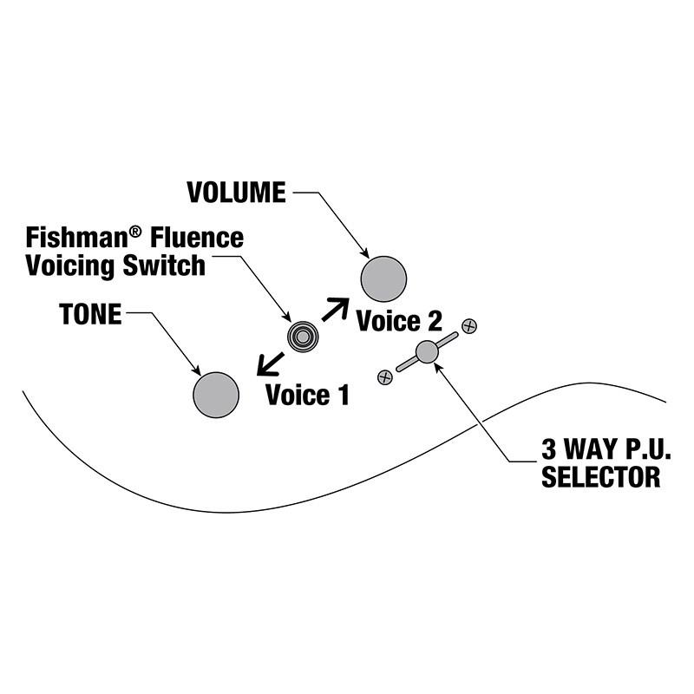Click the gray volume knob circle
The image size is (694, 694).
tap(383, 278)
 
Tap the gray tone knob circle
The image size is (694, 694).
tap(216, 395)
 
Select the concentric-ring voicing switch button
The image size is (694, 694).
tap(303, 337)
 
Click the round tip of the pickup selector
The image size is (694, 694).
tap(427, 352)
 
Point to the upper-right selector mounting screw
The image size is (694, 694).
tap(469, 326)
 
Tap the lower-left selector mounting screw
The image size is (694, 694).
tap(385, 377)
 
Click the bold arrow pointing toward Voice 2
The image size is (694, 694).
tap(336, 310)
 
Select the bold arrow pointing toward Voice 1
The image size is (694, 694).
tap(271, 363)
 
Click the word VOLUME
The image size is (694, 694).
tap(236, 193)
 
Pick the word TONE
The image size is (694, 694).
tap(90, 314)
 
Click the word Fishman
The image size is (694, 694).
tap(77, 238)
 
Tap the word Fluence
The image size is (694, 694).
tap(197, 238)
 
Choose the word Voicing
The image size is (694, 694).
tap(71, 266)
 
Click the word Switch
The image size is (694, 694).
tap(164, 265)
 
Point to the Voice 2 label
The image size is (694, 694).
tap(399, 321)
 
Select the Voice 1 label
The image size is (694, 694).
tap(308, 395)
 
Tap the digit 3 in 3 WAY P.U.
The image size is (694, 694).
tap(548, 449)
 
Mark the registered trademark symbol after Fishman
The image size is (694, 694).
tap(136, 231)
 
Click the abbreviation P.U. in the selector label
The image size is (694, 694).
tap(646, 449)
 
